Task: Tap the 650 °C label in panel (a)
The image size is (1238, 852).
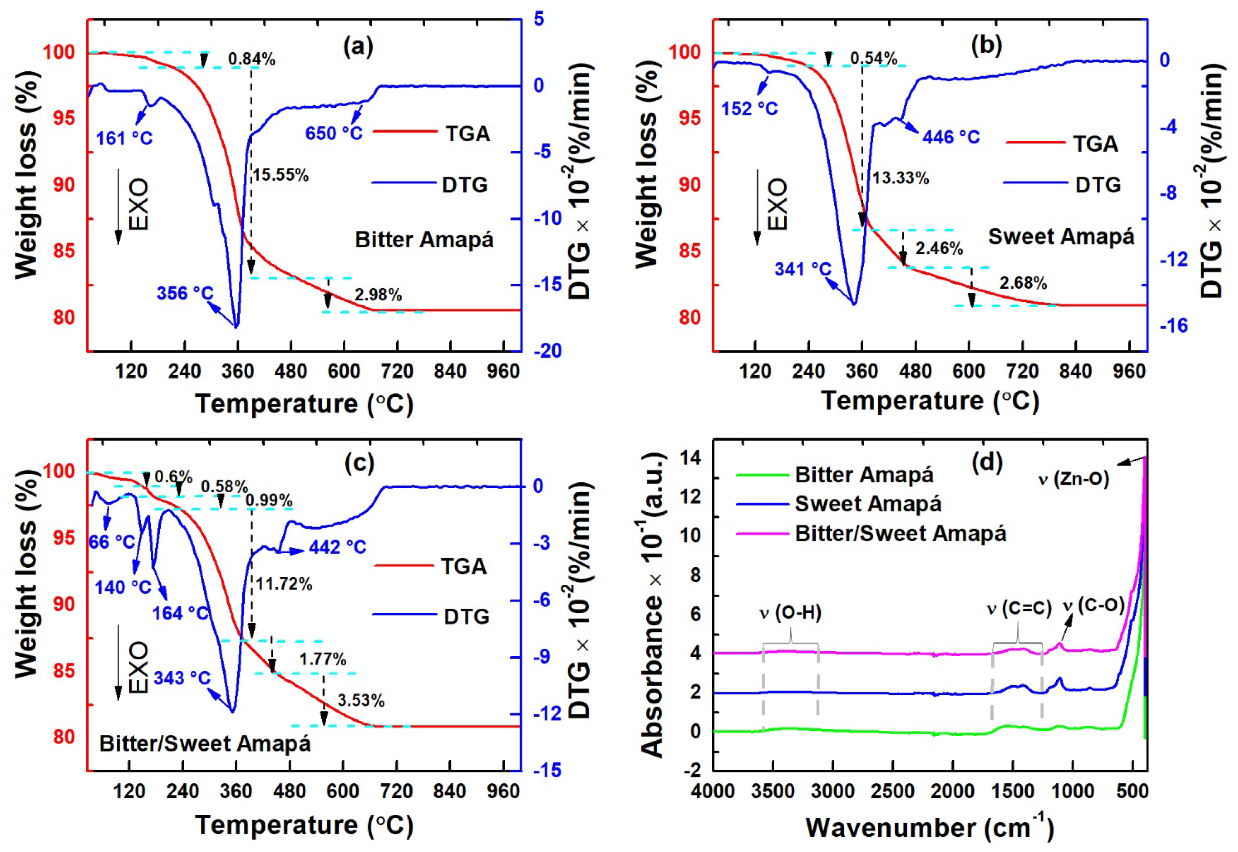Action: click(x=334, y=133)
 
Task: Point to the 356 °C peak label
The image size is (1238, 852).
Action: click(x=185, y=293)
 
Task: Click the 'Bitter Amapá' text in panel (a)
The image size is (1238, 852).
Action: click(x=424, y=240)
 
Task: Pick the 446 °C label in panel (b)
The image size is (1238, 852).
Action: click(x=951, y=137)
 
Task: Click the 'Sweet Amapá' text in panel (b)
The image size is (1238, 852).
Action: click(x=1060, y=236)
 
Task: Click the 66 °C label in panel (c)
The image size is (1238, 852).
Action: click(x=112, y=542)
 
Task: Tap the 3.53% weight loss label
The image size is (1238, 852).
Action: click(x=361, y=700)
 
